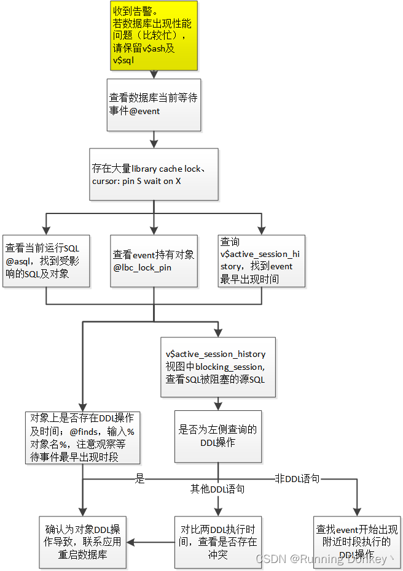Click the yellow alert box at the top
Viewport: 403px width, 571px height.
pyautogui.click(x=154, y=35)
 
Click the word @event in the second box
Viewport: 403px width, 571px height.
pyautogui.click(x=144, y=111)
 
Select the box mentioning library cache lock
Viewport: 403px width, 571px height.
pyautogui.click(x=154, y=174)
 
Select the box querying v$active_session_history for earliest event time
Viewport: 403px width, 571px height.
pyautogui.click(x=262, y=260)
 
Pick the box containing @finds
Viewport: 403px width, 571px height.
pyautogui.click(x=82, y=437)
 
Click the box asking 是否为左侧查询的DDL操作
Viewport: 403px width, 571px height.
pyautogui.click(x=217, y=436)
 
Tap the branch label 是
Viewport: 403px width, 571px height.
pyautogui.click(x=140, y=479)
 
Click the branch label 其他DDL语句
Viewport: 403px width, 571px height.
pyautogui.click(x=217, y=489)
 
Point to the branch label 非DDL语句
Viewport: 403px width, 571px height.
pyautogui.click(x=297, y=478)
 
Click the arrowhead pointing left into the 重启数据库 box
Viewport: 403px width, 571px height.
pyautogui.click(x=130, y=542)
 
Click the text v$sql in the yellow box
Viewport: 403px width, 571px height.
pyautogui.click(x=123, y=60)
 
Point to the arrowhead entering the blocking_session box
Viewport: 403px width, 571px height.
pyautogui.click(x=217, y=334)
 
